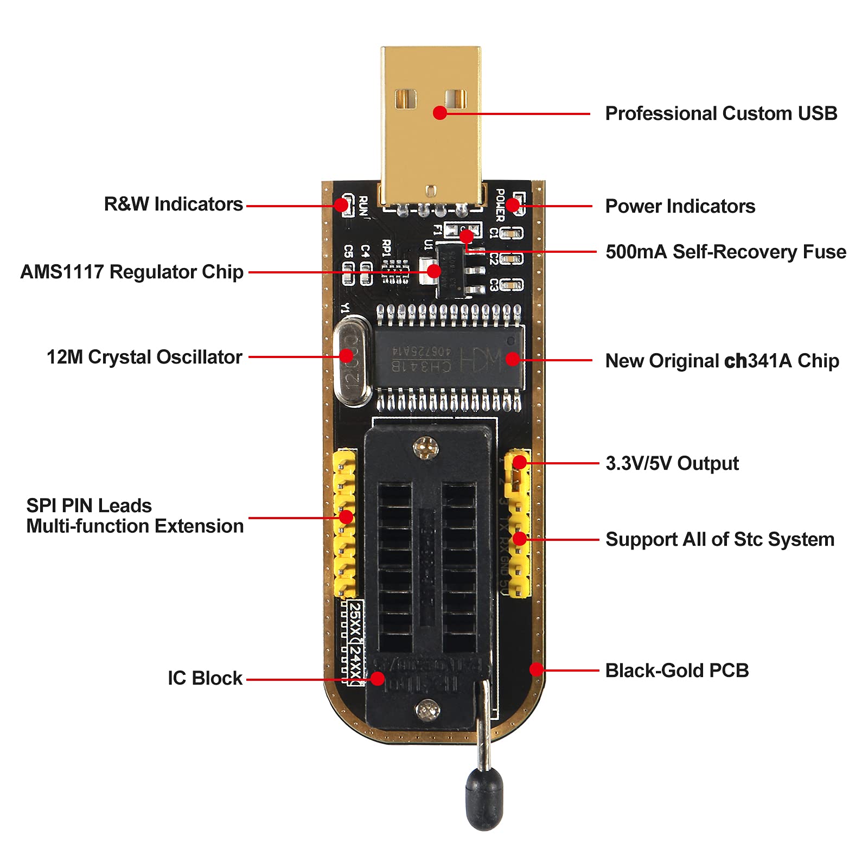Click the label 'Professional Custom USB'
(720, 113)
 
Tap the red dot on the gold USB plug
(440, 113)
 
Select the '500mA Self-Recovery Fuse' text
(725, 252)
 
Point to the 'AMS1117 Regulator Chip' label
(132, 272)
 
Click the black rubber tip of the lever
(484, 797)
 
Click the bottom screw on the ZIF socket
(427, 709)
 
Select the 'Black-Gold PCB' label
(676, 671)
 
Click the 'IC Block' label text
(205, 678)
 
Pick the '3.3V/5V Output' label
(672, 463)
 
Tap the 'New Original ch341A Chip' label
(722, 361)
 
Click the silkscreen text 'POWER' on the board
(500, 205)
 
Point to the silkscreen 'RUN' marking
(363, 207)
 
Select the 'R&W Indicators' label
(173, 205)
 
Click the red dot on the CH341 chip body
(512, 359)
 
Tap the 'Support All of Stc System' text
(719, 539)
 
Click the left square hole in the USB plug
(405, 99)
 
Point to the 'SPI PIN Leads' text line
(89, 506)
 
